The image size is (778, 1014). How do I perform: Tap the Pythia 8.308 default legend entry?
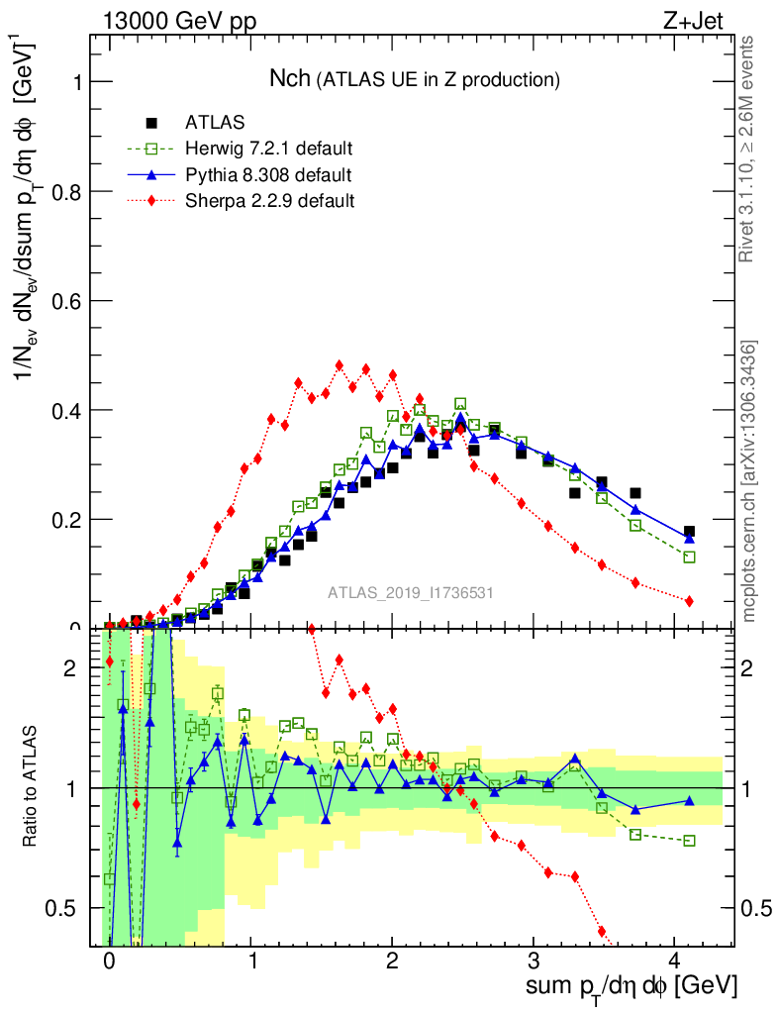[x=268, y=175]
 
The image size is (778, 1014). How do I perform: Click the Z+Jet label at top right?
[x=705, y=24]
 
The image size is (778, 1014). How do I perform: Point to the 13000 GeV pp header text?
[x=178, y=24]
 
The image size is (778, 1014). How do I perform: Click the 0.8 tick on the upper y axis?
[x=65, y=191]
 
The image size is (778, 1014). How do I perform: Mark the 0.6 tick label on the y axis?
[x=65, y=300]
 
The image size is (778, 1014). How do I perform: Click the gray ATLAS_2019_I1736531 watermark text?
[x=411, y=593]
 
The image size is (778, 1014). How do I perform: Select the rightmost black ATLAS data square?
[x=689, y=532]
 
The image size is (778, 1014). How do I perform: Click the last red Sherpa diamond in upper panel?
[x=689, y=601]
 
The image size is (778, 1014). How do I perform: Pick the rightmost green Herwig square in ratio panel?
[x=689, y=841]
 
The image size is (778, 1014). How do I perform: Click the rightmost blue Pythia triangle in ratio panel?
[x=689, y=800]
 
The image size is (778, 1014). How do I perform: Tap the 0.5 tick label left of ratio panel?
[x=65, y=908]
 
